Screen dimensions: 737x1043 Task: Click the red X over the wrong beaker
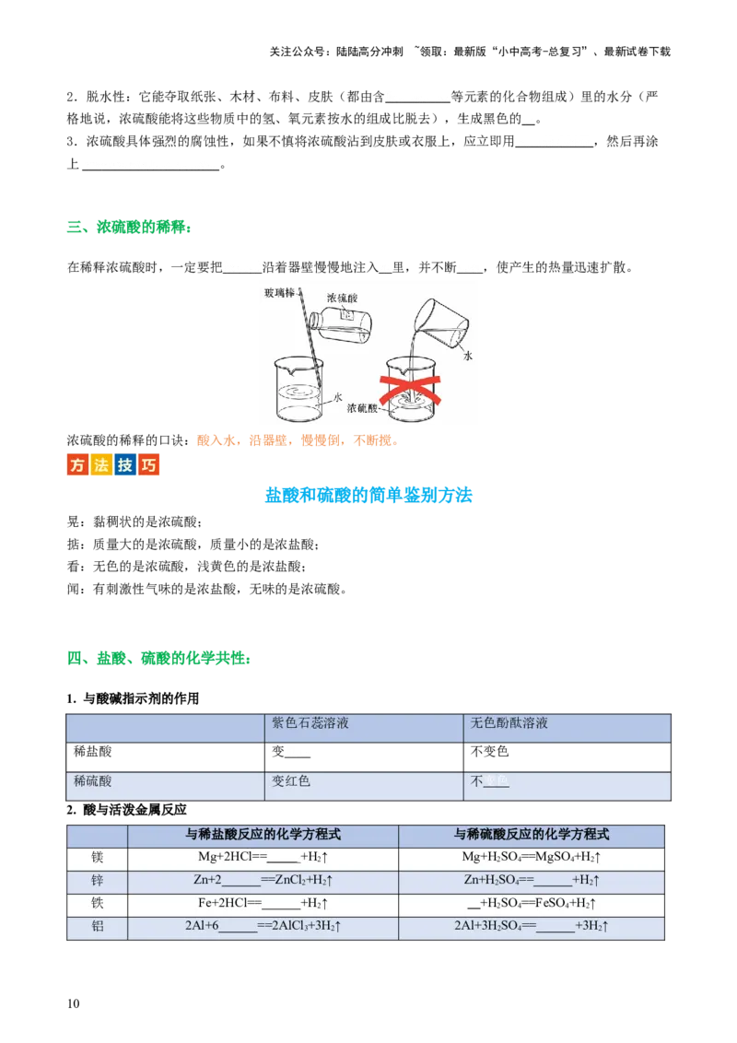point(410,390)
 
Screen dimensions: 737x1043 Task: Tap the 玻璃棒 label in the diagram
point(279,293)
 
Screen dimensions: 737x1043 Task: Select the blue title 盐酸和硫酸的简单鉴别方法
point(368,495)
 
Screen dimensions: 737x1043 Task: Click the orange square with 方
point(77,464)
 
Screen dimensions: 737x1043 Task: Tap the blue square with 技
point(125,464)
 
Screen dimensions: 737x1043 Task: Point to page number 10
point(73,1003)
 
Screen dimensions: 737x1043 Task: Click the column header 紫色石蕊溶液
point(310,723)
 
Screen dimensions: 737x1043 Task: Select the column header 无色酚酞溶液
point(509,723)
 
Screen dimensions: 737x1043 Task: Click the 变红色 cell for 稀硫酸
point(291,781)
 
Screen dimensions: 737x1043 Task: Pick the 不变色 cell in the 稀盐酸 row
point(489,752)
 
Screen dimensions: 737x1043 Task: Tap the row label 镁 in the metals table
point(97,858)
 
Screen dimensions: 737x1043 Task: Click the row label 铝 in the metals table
point(97,926)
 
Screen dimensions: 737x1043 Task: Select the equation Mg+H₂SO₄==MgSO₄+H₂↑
point(532,858)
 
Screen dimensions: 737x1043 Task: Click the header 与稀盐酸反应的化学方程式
point(263,834)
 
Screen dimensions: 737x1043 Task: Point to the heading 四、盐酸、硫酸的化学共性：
point(159,659)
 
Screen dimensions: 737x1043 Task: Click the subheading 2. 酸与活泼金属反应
point(126,810)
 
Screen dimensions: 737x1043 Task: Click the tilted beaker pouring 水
point(440,322)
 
